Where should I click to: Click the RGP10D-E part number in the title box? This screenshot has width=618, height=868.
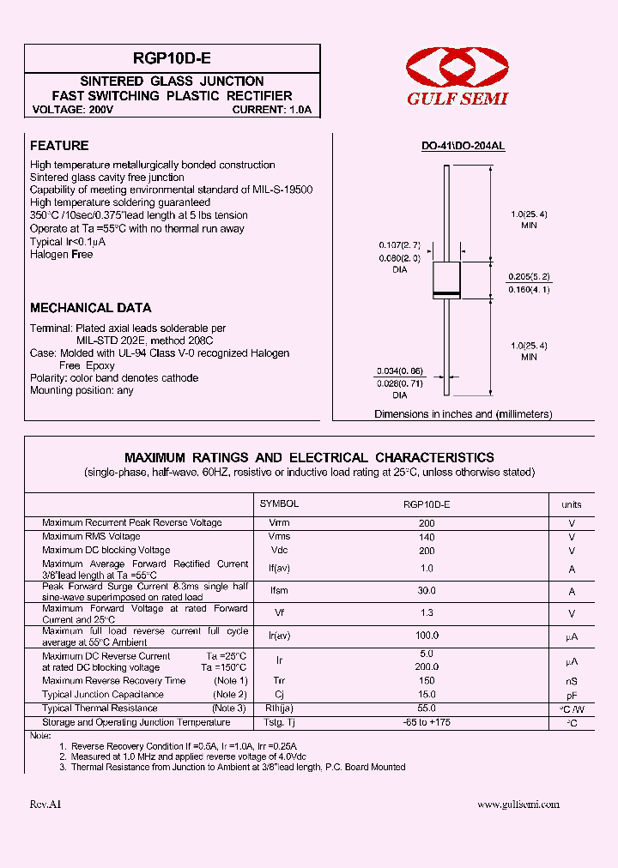[x=172, y=58]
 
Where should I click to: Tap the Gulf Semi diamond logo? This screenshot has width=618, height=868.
[x=457, y=68]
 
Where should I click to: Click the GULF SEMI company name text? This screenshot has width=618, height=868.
[x=457, y=99]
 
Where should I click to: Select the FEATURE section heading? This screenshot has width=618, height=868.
[x=59, y=146]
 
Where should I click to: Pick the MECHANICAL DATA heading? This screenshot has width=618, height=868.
[x=90, y=308]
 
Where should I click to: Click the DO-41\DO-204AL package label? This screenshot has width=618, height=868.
[x=463, y=147]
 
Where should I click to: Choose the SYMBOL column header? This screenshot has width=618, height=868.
[x=279, y=504]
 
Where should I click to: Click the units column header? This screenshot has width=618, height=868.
[x=572, y=504]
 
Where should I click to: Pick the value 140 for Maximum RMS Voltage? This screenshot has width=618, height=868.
[x=427, y=537]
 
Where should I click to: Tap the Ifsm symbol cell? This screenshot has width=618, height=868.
[x=279, y=591]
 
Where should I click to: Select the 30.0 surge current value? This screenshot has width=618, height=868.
[x=427, y=591]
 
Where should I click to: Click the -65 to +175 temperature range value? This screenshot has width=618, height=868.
[x=427, y=722]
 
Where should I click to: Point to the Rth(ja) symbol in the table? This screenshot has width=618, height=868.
[x=279, y=708]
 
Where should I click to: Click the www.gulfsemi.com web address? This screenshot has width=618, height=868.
[x=518, y=805]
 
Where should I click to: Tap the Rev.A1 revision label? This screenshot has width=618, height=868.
[x=45, y=805]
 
